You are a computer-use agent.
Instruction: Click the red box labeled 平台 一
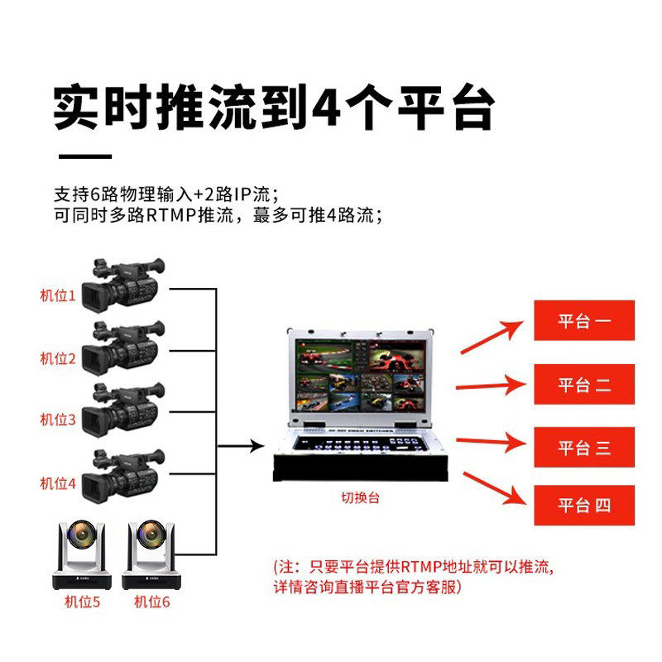coord(584,320)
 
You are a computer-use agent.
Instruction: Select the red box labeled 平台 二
coord(584,384)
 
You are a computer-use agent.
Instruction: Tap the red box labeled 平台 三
coord(584,448)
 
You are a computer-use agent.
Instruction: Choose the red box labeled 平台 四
coord(584,505)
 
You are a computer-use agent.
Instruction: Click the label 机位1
coord(58,295)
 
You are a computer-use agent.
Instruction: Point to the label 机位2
coord(58,358)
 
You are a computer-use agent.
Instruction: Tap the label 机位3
coord(58,420)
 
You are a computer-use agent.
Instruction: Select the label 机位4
coord(58,483)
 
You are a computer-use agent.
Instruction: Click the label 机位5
coord(82,602)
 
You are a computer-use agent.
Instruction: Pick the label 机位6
coord(152,602)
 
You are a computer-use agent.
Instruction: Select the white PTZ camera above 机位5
coord(82,553)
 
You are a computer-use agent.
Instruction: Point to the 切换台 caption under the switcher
coord(361,498)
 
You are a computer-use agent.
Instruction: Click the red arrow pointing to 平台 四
coord(494,487)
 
